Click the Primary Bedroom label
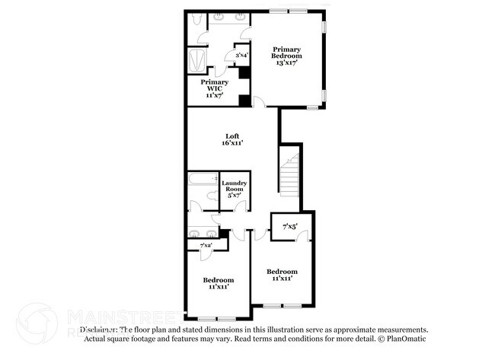pyautogui.click(x=287, y=52)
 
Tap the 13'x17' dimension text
pyautogui.click(x=287, y=62)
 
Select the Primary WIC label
pyautogui.click(x=214, y=84)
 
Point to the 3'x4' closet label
pyautogui.click(x=242, y=55)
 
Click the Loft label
pyautogui.click(x=232, y=136)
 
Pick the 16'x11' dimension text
pyautogui.click(x=232, y=143)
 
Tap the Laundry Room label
pyautogui.click(x=233, y=186)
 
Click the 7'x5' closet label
pyautogui.click(x=289, y=226)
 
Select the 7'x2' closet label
pyautogui.click(x=206, y=246)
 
